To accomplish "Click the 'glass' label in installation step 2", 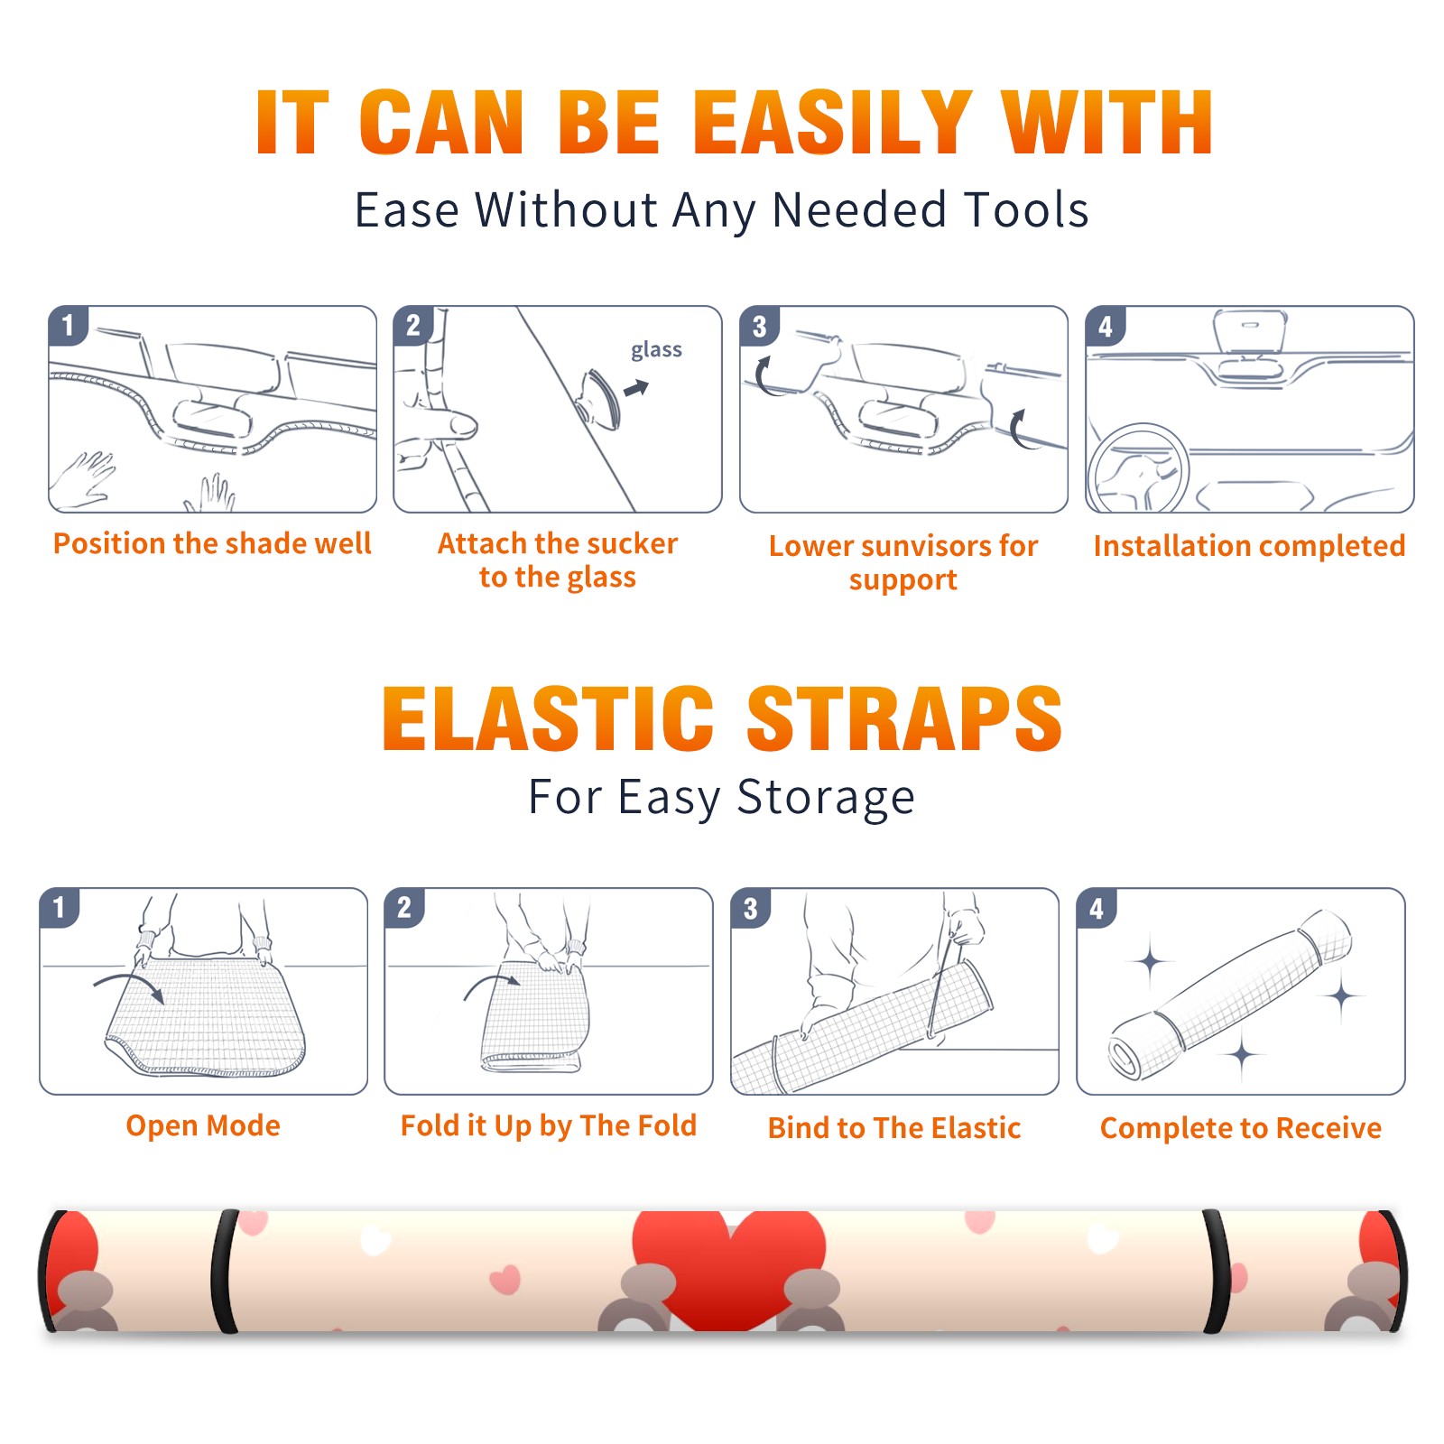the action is pos(656,350).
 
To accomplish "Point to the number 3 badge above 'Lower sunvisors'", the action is pos(759,326).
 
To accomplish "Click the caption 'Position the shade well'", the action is pos(212,543).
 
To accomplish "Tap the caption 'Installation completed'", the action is pos(1249,545).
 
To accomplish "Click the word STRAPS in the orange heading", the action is pos(904,718).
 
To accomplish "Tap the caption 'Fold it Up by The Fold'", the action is pos(549,1125).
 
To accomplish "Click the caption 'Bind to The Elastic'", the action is pos(894,1128).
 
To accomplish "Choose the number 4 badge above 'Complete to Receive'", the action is pos(1096,908).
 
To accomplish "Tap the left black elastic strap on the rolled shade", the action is pos(225,1272).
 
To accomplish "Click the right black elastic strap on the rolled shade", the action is pos(1216,1272).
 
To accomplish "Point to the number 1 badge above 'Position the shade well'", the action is pos(68,325).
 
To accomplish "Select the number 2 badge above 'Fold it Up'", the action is pos(403,908).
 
